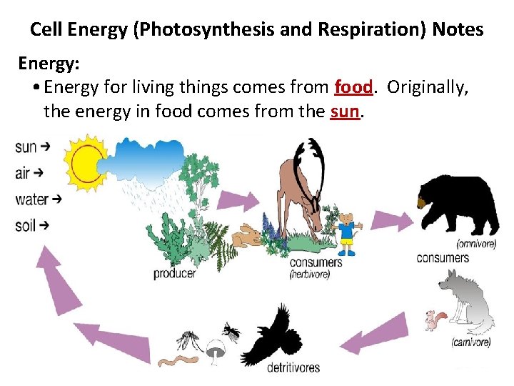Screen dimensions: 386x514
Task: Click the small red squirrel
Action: [x=435, y=320]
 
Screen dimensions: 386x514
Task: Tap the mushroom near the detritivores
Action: [x=213, y=350]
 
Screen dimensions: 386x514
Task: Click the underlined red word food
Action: [x=353, y=87]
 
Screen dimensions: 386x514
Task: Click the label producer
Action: [x=174, y=273]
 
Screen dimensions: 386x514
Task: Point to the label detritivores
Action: [x=293, y=367]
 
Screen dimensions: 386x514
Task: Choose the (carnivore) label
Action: [x=471, y=342]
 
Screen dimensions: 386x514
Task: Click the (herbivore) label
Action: [x=309, y=274]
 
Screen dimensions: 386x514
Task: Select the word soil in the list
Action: [x=26, y=226]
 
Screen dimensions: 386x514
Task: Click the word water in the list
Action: [x=31, y=199]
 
